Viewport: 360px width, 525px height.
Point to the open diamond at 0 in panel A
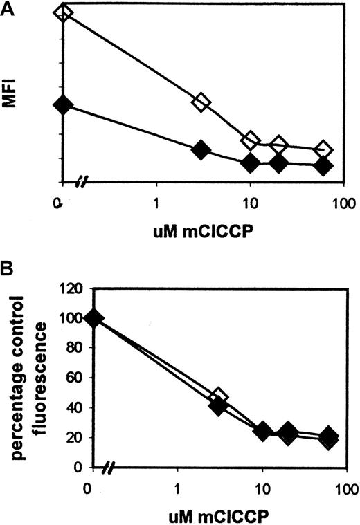pyautogui.click(x=63, y=12)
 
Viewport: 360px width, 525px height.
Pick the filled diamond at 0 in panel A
pyautogui.click(x=63, y=104)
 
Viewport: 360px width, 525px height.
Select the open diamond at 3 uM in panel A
pyautogui.click(x=201, y=102)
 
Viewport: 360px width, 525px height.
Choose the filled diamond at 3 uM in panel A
pyautogui.click(x=201, y=149)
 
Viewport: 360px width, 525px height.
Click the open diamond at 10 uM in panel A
pyautogui.click(x=251, y=140)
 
